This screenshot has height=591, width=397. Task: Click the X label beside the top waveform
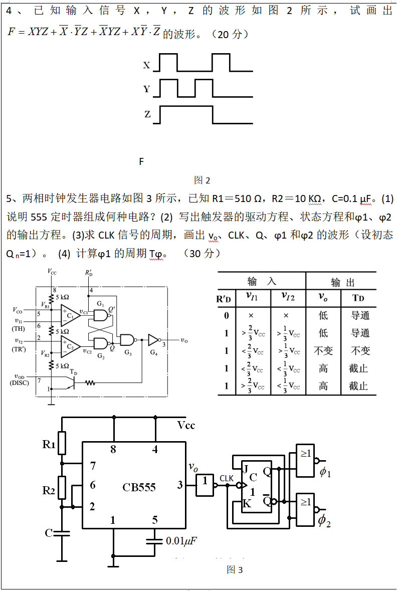click(146, 65)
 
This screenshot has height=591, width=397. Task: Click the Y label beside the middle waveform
click(146, 89)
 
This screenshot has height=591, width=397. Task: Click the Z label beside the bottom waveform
click(147, 114)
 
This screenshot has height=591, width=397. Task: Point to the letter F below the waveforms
click(141, 161)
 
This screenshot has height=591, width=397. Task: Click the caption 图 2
click(202, 180)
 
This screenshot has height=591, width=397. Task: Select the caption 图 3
click(235, 569)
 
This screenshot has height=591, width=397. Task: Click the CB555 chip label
click(139, 487)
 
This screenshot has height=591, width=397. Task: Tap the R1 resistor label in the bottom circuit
click(49, 444)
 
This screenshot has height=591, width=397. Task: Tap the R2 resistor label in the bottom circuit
click(49, 490)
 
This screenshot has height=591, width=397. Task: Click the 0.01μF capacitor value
click(181, 541)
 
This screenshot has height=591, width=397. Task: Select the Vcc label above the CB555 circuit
click(186, 426)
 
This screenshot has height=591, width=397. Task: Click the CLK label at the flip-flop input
click(227, 478)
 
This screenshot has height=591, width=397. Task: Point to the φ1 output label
click(325, 472)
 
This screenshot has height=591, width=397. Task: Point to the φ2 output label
click(324, 520)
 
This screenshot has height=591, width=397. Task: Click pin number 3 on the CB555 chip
click(180, 485)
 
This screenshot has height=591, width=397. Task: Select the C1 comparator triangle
click(70, 315)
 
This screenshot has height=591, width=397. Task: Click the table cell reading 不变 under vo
click(323, 350)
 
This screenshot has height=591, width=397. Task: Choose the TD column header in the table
click(358, 297)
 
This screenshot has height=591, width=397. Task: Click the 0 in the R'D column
click(227, 315)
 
